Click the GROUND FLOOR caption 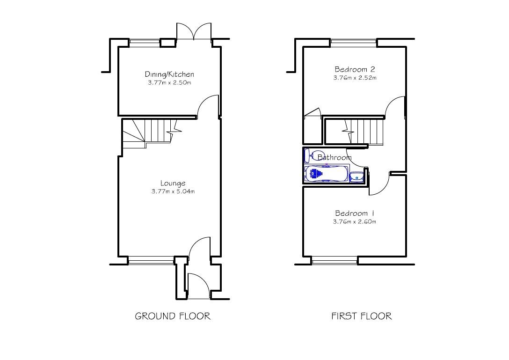173,316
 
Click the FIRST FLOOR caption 361,316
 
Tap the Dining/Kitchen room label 169,74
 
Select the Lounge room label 173,184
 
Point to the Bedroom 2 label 354,70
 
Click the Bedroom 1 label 354,213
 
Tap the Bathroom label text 334,158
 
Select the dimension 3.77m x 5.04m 173,192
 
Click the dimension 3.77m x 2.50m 169,83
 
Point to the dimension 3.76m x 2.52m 355,78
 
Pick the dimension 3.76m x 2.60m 354,222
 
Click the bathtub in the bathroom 326,174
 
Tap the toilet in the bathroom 309,154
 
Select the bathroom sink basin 356,176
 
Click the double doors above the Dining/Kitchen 194,32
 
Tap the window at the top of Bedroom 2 353,43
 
